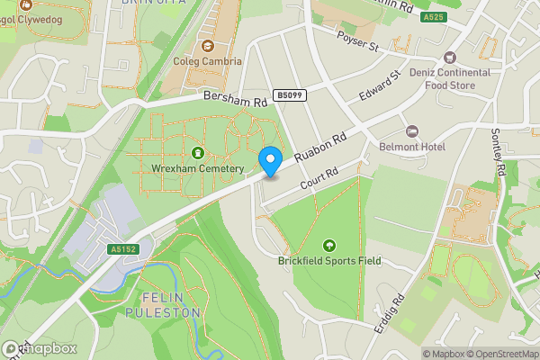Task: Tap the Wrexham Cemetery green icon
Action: [198, 153]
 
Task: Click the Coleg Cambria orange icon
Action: [208, 46]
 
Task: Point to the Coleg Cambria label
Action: [208, 62]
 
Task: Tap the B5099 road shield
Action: [289, 94]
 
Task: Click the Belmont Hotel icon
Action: [412, 131]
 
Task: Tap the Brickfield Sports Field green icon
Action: [328, 245]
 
